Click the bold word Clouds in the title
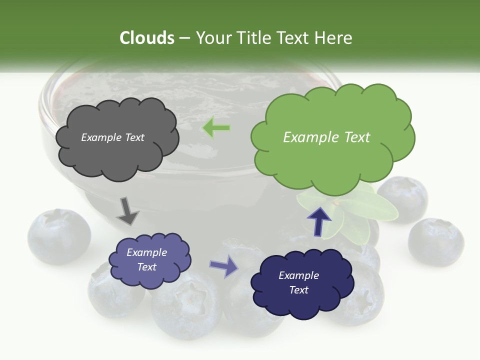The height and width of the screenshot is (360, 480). click(x=146, y=38)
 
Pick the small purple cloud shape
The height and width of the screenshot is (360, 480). click(x=149, y=260)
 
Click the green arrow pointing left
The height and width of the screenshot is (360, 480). click(x=216, y=128)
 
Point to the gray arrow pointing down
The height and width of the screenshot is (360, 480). click(x=127, y=211)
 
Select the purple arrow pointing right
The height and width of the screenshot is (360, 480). click(x=224, y=265)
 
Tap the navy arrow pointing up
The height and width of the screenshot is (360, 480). click(x=319, y=220)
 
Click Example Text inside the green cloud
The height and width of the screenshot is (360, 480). click(x=326, y=137)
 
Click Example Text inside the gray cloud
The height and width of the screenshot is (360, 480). click(x=112, y=137)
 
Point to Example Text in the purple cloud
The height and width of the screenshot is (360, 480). click(x=146, y=259)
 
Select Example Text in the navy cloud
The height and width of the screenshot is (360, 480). click(x=298, y=282)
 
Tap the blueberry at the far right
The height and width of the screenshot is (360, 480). click(x=435, y=241)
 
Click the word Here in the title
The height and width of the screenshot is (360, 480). click(x=336, y=38)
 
